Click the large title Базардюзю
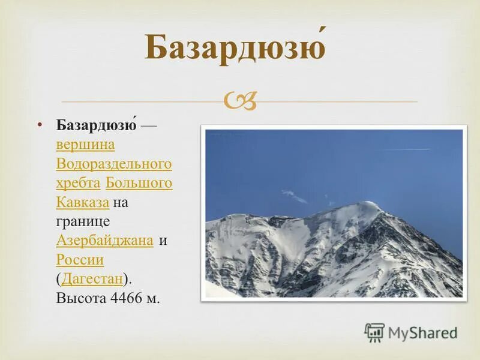pyautogui.click(x=236, y=49)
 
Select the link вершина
pyautogui.click(x=85, y=145)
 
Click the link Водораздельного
pyautogui.click(x=114, y=164)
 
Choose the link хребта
pyautogui.click(x=78, y=183)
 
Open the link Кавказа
pyautogui.click(x=82, y=202)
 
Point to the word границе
pyautogui.click(x=82, y=221)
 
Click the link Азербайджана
pyautogui.click(x=104, y=241)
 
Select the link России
pyautogui.click(x=80, y=260)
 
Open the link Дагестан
pyautogui.click(x=92, y=279)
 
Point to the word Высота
pyautogui.click(x=81, y=298)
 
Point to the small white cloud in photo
pyautogui.click(x=294, y=196)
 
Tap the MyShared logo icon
pyautogui.click(x=374, y=332)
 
